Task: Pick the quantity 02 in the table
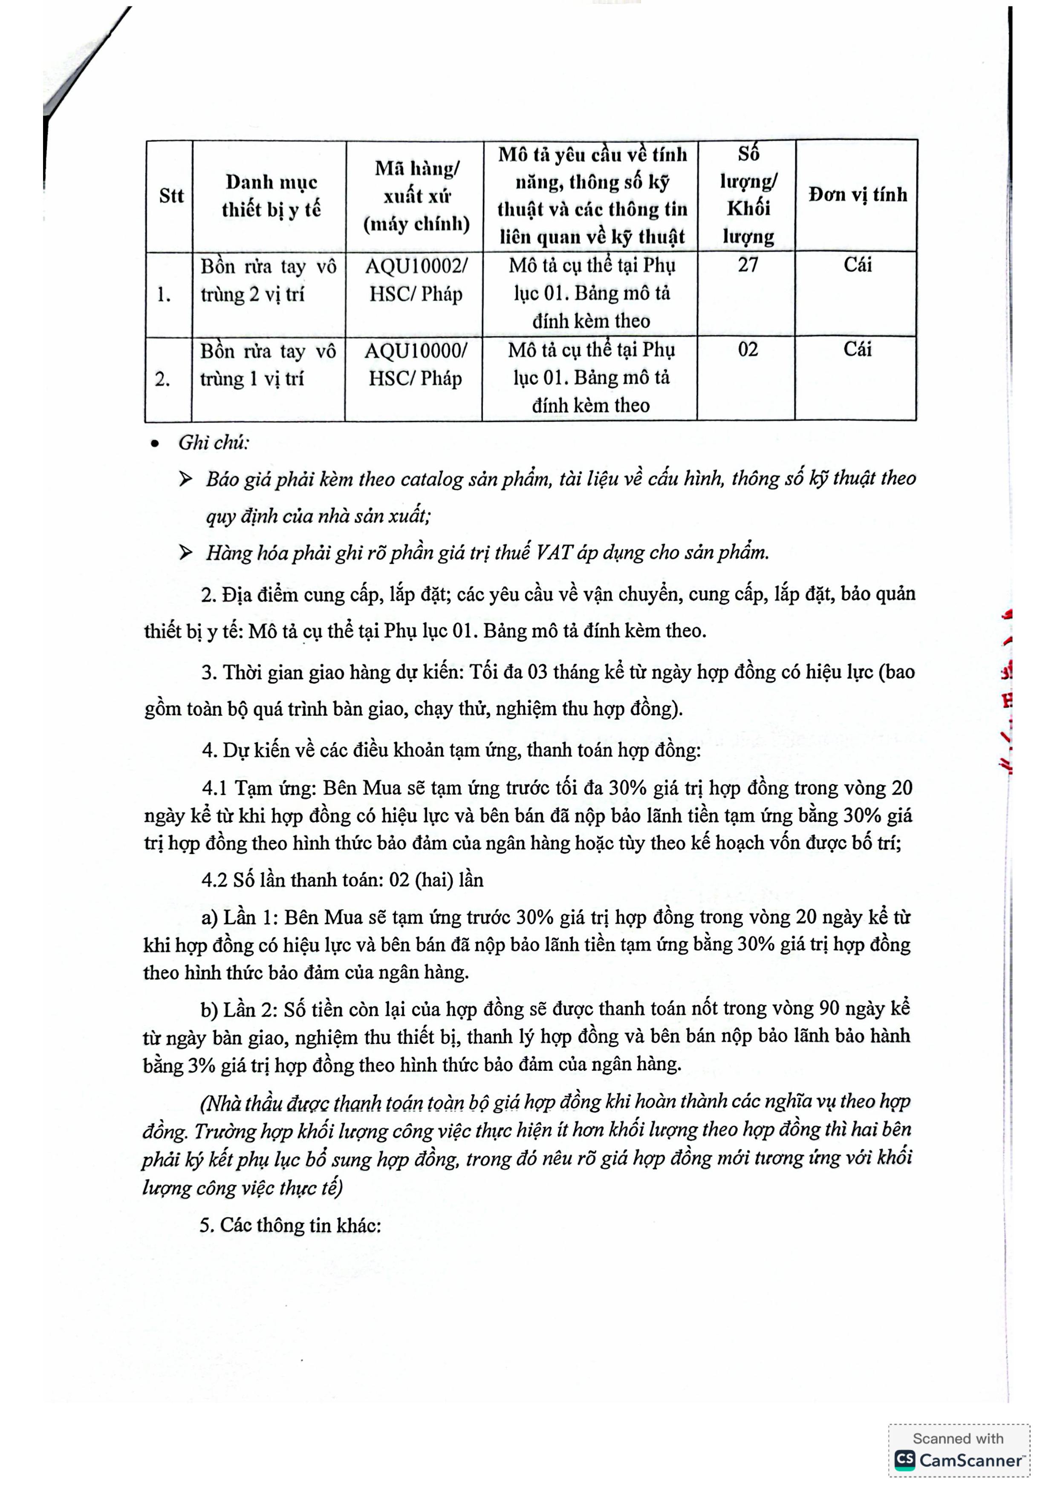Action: [748, 350]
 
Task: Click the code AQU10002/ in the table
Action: [416, 266]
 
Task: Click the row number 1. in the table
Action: [164, 295]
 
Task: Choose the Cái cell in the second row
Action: [857, 350]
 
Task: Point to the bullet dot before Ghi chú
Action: [154, 444]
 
